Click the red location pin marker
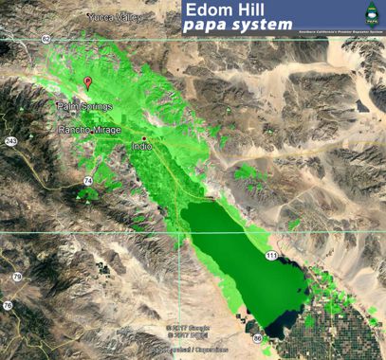(88, 83)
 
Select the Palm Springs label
(84, 106)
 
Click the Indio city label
(143, 148)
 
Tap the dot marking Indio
(144, 138)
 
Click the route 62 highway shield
(46, 39)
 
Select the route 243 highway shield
(10, 141)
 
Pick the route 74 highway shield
(87, 180)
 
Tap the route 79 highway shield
(17, 277)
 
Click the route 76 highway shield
(8, 305)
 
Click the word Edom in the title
(212, 10)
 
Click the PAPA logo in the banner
(372, 16)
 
